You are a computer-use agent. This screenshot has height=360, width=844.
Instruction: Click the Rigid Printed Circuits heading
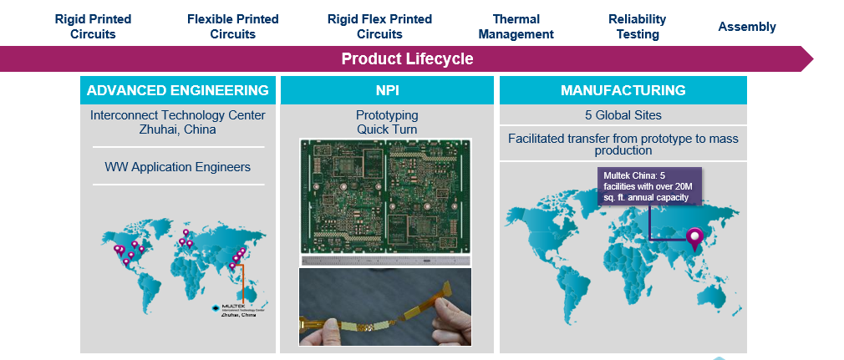click(x=93, y=27)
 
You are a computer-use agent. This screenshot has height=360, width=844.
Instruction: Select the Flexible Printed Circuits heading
click(x=232, y=27)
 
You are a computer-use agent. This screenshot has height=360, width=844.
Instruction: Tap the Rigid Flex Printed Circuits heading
click(x=379, y=27)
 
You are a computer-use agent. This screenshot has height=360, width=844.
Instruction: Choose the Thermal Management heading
click(x=516, y=27)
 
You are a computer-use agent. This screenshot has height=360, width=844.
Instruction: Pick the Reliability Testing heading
click(x=637, y=27)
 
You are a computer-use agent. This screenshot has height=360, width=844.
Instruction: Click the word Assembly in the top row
click(x=747, y=27)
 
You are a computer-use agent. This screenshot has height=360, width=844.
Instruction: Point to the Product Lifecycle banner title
click(x=407, y=59)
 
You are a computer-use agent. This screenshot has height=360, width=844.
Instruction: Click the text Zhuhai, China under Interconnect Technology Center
click(x=177, y=130)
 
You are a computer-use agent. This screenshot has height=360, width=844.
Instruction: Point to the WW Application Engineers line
click(x=177, y=167)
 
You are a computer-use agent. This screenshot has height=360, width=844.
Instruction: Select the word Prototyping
click(x=387, y=115)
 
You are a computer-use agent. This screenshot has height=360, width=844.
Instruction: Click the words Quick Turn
click(x=387, y=129)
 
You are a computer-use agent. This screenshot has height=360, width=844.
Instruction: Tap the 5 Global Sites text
click(x=623, y=115)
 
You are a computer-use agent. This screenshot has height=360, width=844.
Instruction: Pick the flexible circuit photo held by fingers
click(x=385, y=307)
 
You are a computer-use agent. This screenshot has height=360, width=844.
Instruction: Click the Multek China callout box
click(x=649, y=186)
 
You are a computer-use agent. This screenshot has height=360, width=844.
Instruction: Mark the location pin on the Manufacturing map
click(x=694, y=239)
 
